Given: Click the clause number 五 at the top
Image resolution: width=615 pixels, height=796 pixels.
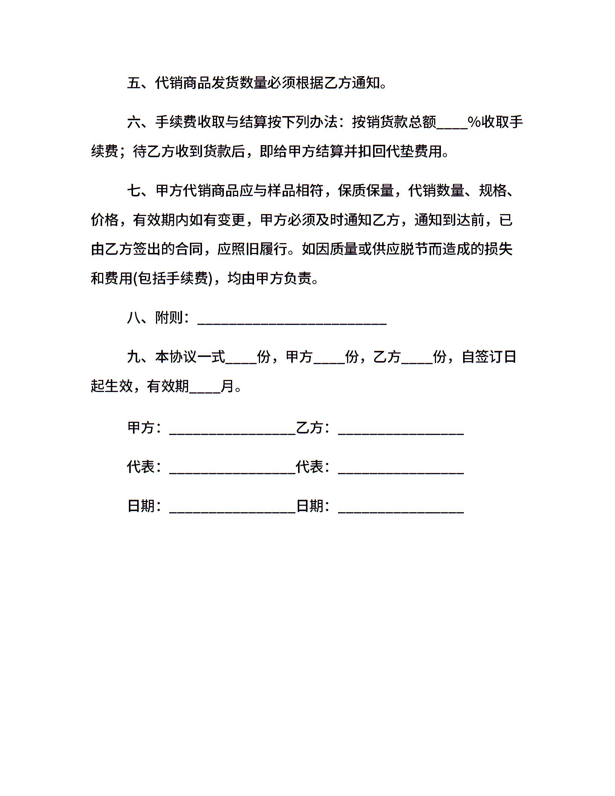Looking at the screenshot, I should (134, 83).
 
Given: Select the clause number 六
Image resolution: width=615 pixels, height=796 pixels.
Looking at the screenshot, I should (134, 122).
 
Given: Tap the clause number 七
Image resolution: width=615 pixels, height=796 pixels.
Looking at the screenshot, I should (134, 191).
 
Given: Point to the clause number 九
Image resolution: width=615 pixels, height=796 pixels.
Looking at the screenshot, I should (134, 357).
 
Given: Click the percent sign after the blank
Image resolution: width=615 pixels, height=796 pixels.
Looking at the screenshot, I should (474, 122).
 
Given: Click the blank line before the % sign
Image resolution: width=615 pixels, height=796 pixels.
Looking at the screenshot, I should (451, 126).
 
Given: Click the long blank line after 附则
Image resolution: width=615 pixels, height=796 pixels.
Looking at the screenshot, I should (292, 322).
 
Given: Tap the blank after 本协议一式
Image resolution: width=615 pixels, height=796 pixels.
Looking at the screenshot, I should (241, 361).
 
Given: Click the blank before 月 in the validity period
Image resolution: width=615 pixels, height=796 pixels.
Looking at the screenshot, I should (205, 390).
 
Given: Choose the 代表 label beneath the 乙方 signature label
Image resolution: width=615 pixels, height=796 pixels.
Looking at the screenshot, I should (310, 467).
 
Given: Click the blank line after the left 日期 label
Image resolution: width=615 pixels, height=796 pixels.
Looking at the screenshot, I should (233, 511).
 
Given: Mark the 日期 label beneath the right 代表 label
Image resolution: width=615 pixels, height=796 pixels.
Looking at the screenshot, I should (310, 506).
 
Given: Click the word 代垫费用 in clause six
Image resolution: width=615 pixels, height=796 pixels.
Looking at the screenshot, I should (414, 152).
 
